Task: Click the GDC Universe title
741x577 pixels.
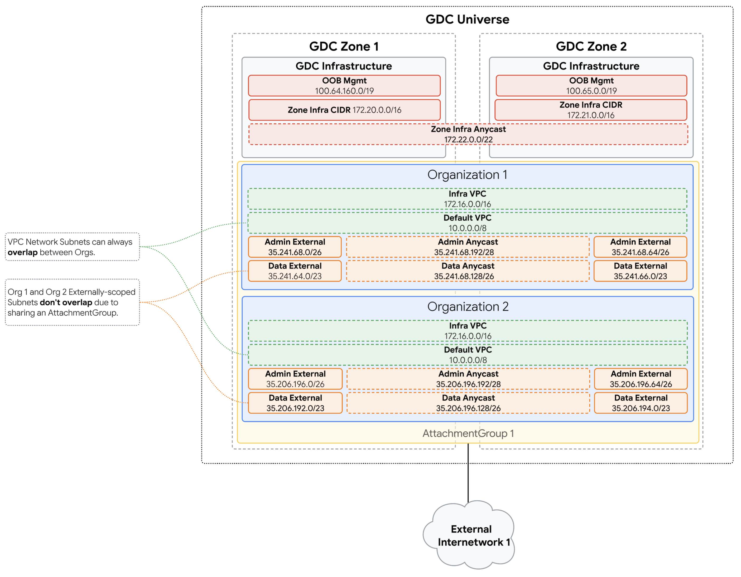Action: pyautogui.click(x=467, y=19)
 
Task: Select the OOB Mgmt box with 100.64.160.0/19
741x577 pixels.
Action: pyautogui.click(x=344, y=86)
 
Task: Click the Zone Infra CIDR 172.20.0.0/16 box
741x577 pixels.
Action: pyautogui.click(x=344, y=110)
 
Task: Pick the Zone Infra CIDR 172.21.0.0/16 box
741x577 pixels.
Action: pyautogui.click(x=591, y=110)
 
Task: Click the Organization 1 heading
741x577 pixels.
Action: pyautogui.click(x=467, y=175)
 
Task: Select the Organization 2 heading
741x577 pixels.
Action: pyautogui.click(x=468, y=306)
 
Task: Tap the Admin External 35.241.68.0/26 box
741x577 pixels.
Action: pyautogui.click(x=295, y=247)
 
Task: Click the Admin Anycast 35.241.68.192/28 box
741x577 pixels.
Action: pyautogui.click(x=468, y=247)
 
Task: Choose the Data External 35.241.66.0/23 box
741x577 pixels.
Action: pyautogui.click(x=640, y=271)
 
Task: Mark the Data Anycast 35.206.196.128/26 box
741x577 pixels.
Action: pyautogui.click(x=468, y=403)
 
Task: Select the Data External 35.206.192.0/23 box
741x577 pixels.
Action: pyautogui.click(x=295, y=403)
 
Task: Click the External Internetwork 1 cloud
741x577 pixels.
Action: pyautogui.click(x=470, y=535)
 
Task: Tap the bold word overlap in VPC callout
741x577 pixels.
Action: pyautogui.click(x=22, y=253)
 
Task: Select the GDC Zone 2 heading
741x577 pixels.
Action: pyautogui.click(x=591, y=46)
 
